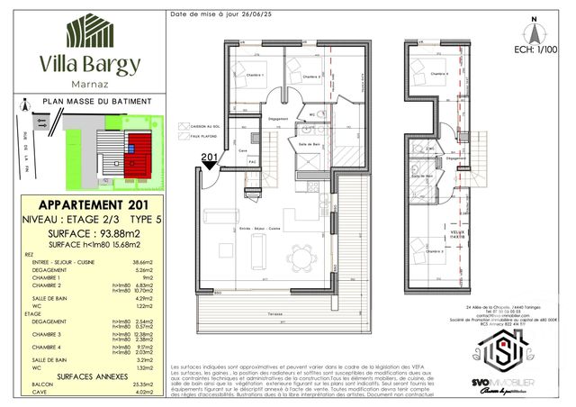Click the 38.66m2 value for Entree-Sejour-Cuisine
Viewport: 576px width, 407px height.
click(143, 258)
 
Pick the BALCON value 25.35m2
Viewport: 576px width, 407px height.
click(143, 384)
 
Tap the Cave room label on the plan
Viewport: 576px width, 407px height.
click(241, 149)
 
